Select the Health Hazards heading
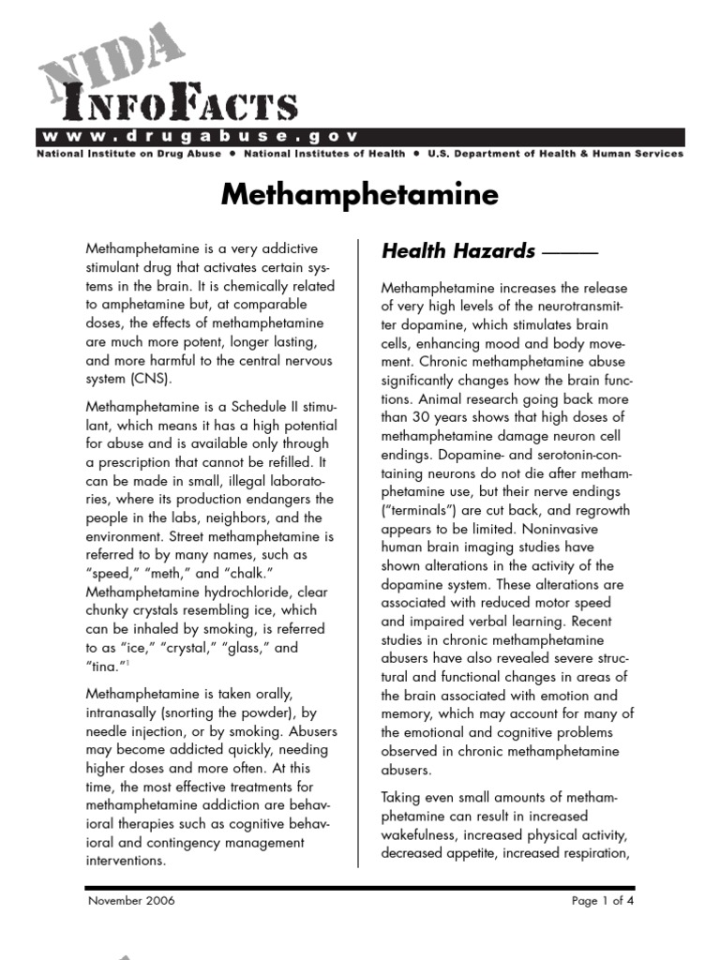click(x=458, y=250)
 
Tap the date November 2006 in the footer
click(x=130, y=901)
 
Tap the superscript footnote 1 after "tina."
click(x=127, y=662)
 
